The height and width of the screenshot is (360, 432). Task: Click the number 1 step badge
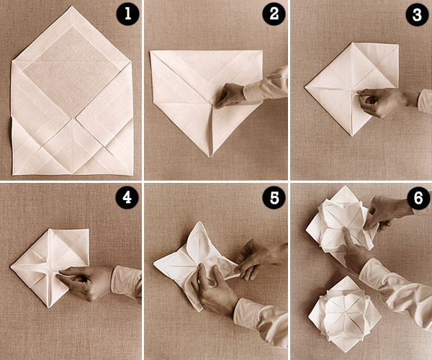pyautogui.click(x=127, y=14)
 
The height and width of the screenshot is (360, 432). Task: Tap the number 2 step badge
pyautogui.click(x=274, y=14)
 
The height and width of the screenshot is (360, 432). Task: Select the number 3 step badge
pyautogui.click(x=417, y=14)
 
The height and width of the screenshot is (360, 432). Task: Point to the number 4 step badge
pyautogui.click(x=127, y=197)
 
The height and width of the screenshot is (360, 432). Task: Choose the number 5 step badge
pyautogui.click(x=274, y=197)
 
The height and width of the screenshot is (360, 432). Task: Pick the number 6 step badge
pyautogui.click(x=418, y=198)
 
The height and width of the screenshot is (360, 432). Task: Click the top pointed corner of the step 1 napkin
pyautogui.click(x=72, y=6)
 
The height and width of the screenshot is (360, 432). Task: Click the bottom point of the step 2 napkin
pyautogui.click(x=210, y=156)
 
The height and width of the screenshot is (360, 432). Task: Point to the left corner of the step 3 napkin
pyautogui.click(x=305, y=88)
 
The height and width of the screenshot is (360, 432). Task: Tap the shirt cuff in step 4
pyautogui.click(x=125, y=281)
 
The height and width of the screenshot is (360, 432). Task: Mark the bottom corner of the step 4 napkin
pyautogui.click(x=49, y=307)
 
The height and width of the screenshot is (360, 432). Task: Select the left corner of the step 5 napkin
pyautogui.click(x=155, y=264)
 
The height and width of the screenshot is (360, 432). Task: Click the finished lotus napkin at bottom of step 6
pyautogui.click(x=344, y=313)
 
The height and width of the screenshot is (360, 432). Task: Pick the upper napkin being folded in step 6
pyautogui.click(x=341, y=223)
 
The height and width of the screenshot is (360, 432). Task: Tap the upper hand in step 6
pyautogui.click(x=386, y=212)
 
